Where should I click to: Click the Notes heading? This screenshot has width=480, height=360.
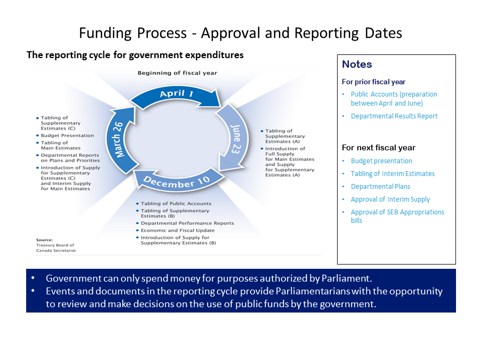pos(357,65)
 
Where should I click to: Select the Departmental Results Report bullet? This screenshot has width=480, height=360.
pos(394,116)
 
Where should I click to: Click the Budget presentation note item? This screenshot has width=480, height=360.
pos(381,161)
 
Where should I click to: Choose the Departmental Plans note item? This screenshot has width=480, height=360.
pos(380,187)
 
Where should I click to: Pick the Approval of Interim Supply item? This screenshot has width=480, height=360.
pos(390,199)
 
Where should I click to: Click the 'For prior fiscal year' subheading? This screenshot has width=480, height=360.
pos(373,82)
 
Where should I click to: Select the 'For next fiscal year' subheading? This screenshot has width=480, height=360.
pos(378,148)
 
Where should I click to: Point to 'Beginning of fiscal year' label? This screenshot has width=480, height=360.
pos(177,73)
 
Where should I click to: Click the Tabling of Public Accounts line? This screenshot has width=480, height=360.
pos(176,204)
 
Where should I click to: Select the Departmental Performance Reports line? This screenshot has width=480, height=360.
pos(187,223)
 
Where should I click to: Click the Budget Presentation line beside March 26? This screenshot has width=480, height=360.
pos(67,135)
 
